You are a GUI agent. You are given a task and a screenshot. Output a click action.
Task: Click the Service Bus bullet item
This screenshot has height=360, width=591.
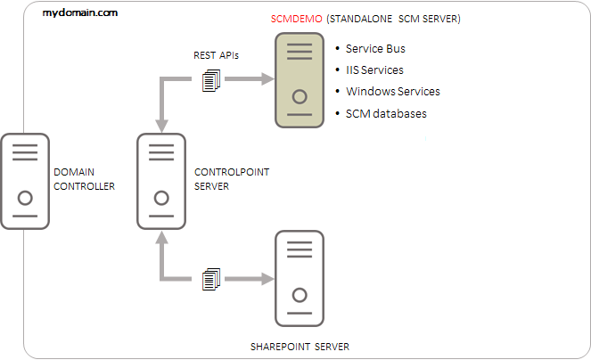coord(375,49)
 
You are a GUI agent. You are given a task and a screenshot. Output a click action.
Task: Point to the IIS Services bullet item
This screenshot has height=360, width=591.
coord(374,70)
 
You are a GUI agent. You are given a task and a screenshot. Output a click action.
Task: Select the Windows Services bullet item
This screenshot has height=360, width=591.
coord(392,92)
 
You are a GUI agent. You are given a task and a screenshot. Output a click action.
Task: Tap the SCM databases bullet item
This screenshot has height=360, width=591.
coord(385,113)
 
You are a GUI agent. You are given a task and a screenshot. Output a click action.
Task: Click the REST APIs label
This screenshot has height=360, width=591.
coord(216,55)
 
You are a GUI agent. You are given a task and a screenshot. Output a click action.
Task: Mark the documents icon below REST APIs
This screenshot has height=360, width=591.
coord(210,82)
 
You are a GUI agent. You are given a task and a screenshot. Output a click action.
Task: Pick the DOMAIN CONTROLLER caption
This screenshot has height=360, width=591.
coord(85,179)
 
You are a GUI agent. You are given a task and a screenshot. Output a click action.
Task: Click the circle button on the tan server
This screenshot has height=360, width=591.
coord(300,95)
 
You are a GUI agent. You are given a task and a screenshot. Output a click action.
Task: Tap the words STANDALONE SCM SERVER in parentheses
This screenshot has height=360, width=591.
coord(395,19)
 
